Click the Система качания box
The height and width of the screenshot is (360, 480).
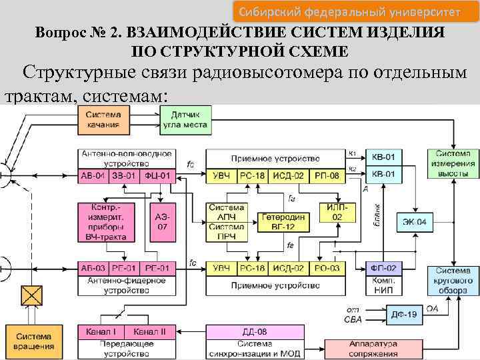coord(102,119)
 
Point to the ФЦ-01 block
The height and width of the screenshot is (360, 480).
coord(160,176)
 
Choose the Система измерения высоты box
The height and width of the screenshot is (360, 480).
coord(453,163)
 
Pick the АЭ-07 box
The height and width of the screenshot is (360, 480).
coord(162,222)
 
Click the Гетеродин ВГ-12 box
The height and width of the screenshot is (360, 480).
coord(283,222)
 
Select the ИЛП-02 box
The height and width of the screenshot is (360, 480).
coord(337,213)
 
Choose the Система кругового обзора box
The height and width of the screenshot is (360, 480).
coord(453,280)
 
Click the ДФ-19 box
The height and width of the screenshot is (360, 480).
coord(403,313)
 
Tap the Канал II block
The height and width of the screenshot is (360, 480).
coord(153,331)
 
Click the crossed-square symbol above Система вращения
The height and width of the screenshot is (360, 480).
coord(31,294)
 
